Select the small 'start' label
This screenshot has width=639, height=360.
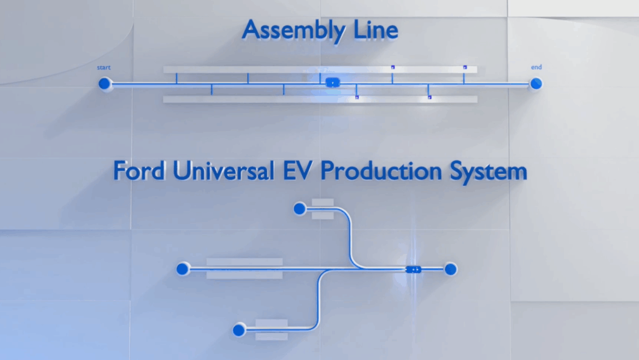pos(104,67)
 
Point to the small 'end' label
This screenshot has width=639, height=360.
pos(536,67)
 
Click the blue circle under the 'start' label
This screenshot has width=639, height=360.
pos(105,84)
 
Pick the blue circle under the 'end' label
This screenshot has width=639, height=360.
pos(535,84)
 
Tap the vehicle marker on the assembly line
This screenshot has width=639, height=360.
pos(332,82)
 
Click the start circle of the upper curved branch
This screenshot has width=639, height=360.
pos(300,208)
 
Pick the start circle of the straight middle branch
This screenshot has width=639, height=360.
pos(182,269)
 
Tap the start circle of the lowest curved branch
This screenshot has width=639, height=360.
pos(238,329)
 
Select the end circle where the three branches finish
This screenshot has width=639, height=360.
pos(450,269)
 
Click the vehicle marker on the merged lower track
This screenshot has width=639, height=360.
pos(413,269)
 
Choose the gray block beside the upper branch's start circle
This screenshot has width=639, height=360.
pos(323,208)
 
